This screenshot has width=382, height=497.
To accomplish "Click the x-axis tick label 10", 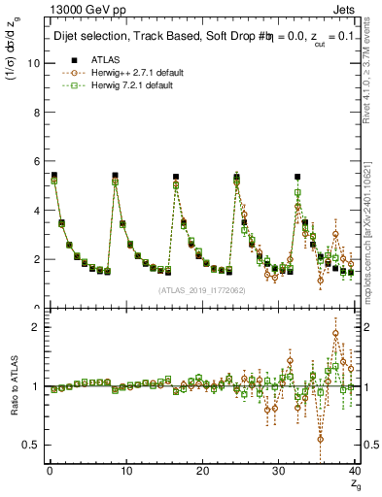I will [x=125, y=472].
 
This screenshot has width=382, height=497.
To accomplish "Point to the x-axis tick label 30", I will [x=278, y=472].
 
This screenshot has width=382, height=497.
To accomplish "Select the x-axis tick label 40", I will [x=354, y=472].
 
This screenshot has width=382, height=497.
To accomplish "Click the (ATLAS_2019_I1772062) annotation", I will [x=200, y=289].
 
